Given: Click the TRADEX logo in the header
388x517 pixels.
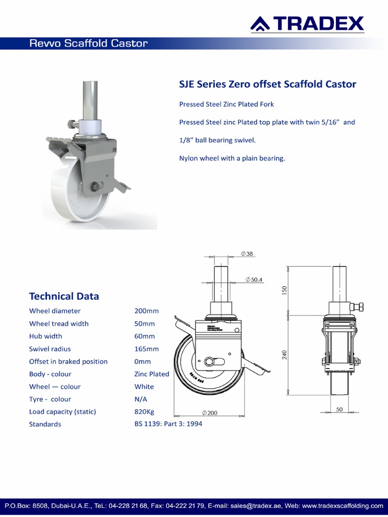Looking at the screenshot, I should pos(308,23).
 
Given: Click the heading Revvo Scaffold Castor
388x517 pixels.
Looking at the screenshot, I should pos(88,43).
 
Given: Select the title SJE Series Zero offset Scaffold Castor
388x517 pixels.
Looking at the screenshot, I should pos(268,84).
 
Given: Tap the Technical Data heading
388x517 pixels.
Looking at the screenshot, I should pos(64,296).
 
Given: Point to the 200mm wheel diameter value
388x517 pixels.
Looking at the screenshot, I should pos(147,311).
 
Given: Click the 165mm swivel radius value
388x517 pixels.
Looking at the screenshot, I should pos(147,349).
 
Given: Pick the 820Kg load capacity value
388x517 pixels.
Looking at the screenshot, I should pos(144,411).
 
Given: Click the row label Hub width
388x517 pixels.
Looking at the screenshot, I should pos(45,336).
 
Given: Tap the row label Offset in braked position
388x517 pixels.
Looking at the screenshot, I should pos(68,361).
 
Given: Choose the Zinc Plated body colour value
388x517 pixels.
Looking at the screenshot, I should pos(152,374).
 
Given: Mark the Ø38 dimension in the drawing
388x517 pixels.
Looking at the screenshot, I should pos(247,253).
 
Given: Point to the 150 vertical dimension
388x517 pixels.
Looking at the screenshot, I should pos(284,291).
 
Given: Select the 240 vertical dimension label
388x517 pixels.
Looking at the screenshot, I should pos(284,355).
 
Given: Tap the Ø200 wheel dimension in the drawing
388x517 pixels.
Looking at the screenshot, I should pos(209,413).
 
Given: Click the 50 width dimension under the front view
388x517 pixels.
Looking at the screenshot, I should pos(339,409).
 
